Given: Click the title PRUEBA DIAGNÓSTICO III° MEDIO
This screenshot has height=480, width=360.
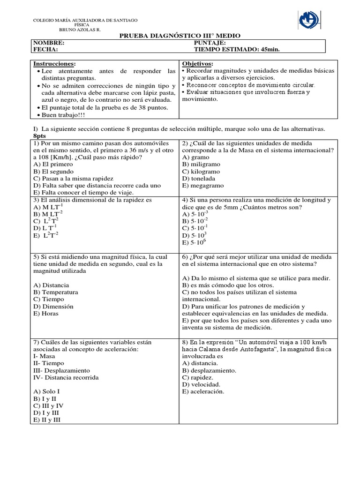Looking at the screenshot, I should coord(180,36).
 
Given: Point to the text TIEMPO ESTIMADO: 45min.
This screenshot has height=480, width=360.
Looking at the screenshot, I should coord(237,49).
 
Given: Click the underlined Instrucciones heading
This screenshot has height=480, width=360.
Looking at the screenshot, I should coord(54,63).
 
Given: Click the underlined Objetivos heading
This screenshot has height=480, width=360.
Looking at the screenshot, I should coord(197,63).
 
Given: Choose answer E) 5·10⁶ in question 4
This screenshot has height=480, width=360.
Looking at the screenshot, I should coord(194,242).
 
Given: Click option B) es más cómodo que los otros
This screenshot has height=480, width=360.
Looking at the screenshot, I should coord(228,285).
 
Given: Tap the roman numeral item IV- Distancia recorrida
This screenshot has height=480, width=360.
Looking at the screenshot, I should coord(66,377).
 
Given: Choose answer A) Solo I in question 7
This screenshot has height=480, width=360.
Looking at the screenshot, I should coord(46,391).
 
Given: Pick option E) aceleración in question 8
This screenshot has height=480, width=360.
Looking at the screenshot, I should coord(203,391).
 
